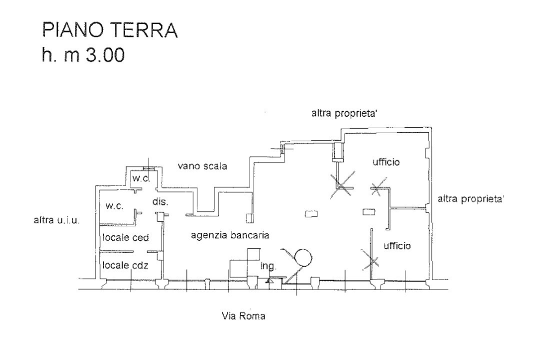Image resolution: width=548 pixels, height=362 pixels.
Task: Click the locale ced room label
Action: (x=126, y=237)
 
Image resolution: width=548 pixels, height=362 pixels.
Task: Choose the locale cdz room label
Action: (x=126, y=264)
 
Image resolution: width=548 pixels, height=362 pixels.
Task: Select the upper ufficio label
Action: (x=386, y=162)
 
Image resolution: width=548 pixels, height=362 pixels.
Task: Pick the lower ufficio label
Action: (x=397, y=246)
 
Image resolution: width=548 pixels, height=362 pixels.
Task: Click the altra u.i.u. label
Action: (x=56, y=220)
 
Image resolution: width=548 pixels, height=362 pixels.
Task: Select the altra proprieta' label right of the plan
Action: (x=471, y=199)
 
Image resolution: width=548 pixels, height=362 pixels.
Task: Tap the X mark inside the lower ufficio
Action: (x=370, y=259)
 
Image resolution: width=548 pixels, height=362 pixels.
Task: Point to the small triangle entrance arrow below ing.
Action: (x=269, y=282)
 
